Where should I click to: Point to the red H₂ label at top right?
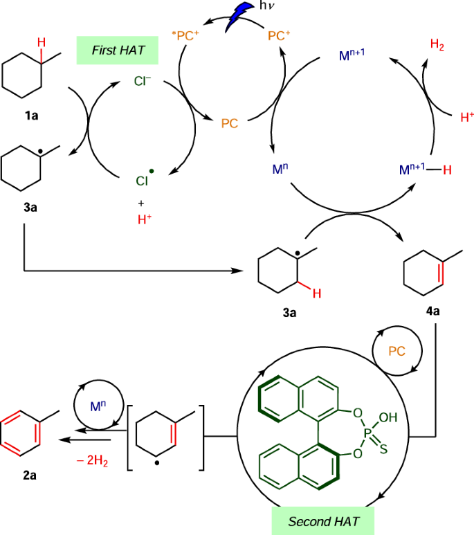click(437, 45)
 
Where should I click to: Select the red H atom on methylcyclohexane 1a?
click(42, 44)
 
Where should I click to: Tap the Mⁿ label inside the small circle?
click(97, 403)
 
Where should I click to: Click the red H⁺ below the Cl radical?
click(145, 219)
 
